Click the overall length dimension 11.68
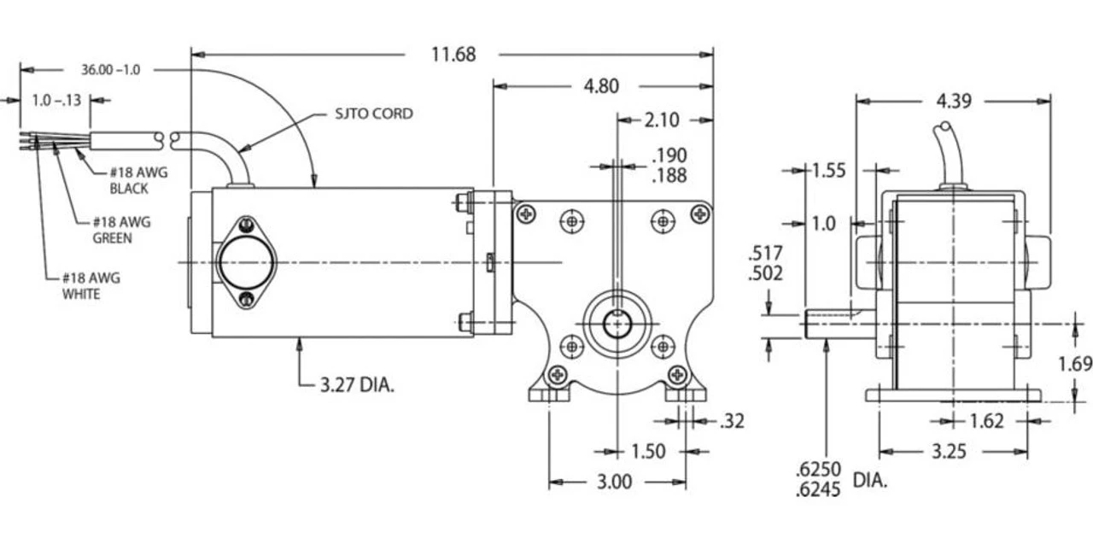click(x=453, y=55)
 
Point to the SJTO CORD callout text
click(x=373, y=114)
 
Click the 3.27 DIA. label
click(x=357, y=385)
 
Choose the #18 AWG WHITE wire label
click(x=90, y=286)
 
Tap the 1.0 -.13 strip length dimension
click(x=56, y=101)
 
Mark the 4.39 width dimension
click(x=954, y=101)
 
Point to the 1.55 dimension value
click(x=828, y=170)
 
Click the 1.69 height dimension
click(x=1075, y=365)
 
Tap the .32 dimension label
click(x=732, y=421)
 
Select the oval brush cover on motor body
click(x=246, y=262)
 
